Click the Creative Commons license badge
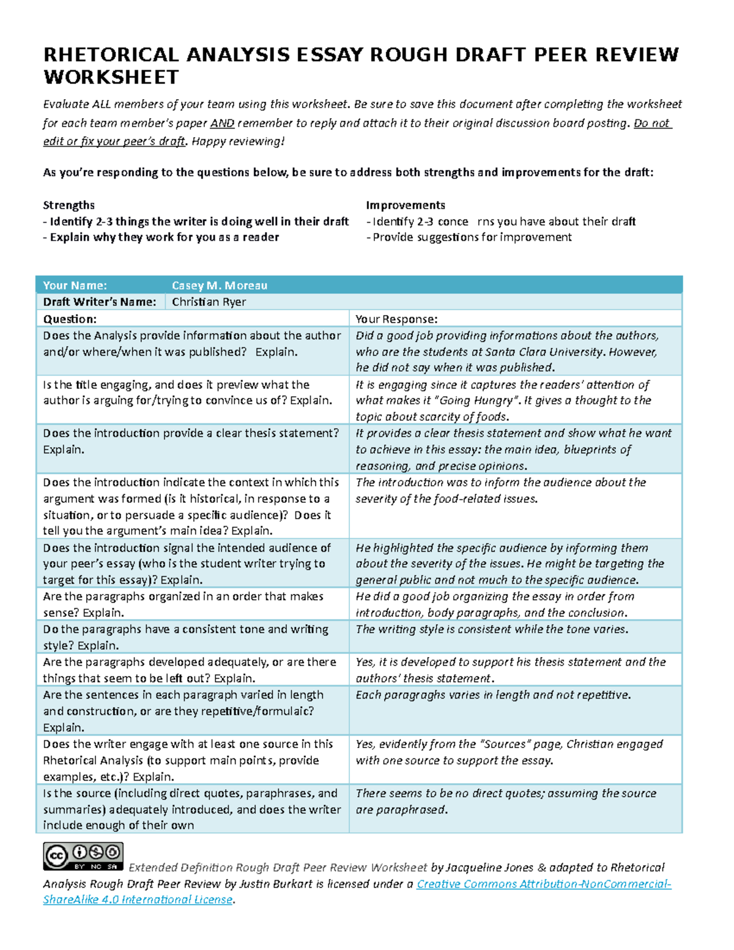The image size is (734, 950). (x=83, y=856)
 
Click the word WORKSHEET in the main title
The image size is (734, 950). (x=111, y=78)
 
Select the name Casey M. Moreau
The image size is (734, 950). (x=220, y=286)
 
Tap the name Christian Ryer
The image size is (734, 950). (x=209, y=302)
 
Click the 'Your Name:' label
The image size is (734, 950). (x=75, y=286)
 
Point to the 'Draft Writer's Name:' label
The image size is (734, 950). (x=100, y=302)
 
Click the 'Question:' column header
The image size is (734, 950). (x=70, y=319)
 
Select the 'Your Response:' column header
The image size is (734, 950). (x=396, y=319)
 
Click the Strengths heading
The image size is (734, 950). (x=69, y=205)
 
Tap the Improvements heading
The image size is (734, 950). (x=405, y=205)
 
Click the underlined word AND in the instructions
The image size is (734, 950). (x=222, y=123)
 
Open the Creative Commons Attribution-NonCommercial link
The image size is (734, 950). (x=543, y=884)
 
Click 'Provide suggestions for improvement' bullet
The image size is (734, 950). (x=472, y=237)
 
